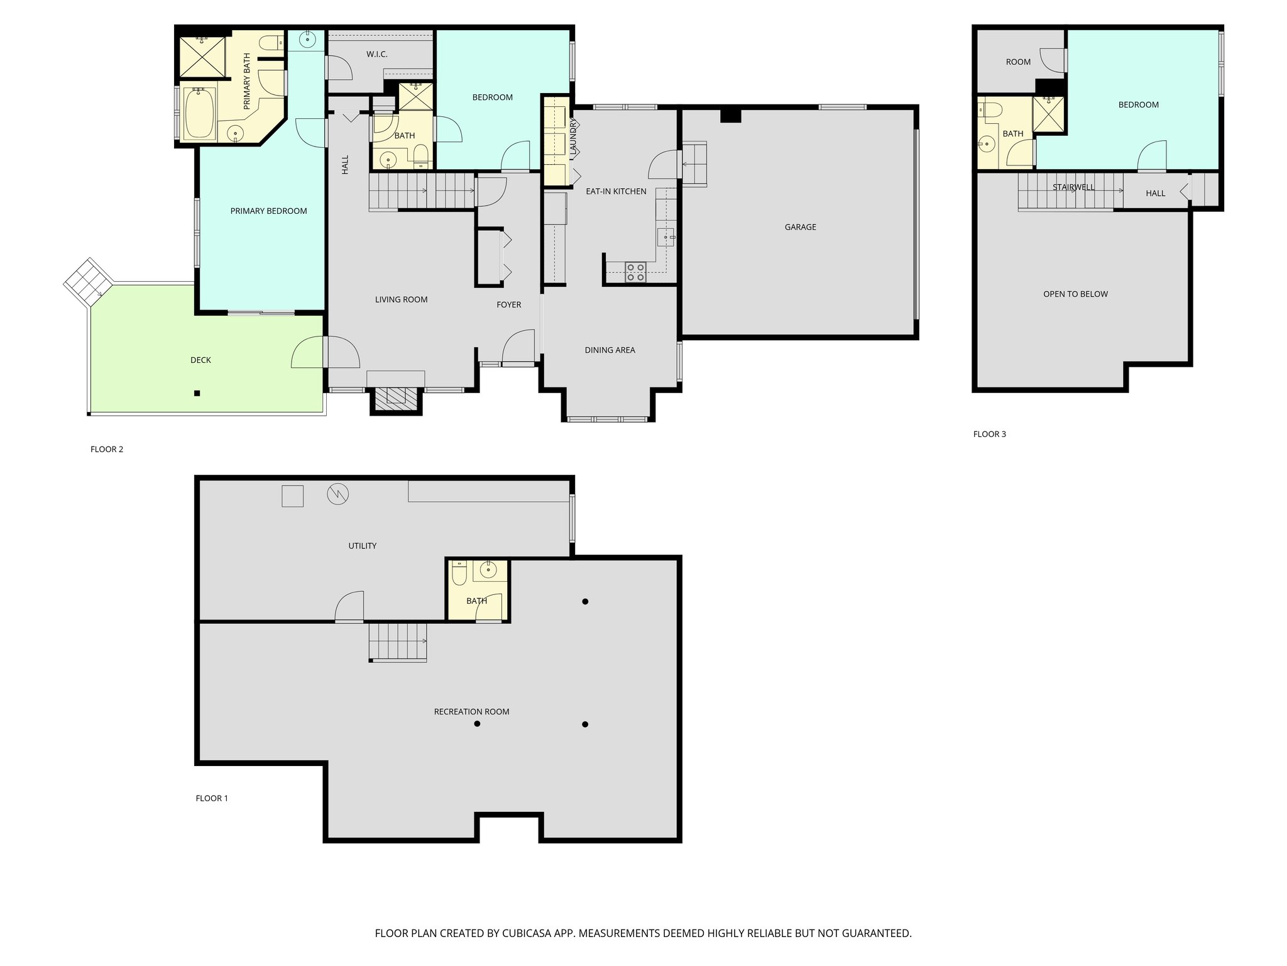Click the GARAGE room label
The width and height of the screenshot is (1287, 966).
[x=800, y=227]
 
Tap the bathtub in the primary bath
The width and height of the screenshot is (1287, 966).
[x=199, y=113]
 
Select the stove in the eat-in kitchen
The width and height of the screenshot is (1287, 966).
[x=635, y=272]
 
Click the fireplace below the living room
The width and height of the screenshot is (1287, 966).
[x=396, y=397]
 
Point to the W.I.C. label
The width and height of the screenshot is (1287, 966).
[x=377, y=55]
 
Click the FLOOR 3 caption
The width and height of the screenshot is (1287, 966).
[x=989, y=434]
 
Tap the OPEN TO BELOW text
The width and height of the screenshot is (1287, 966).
[x=1075, y=294]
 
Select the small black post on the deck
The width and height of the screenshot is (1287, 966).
[x=197, y=393]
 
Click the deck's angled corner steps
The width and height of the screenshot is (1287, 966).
[x=88, y=281]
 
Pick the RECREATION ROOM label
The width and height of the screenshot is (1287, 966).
[x=471, y=711]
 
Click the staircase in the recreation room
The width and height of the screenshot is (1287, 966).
[x=398, y=641]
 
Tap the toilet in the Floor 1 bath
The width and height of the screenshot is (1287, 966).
[x=459, y=574]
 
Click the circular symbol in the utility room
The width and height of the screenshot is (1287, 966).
[x=337, y=494]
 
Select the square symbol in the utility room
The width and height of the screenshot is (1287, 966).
[x=292, y=496]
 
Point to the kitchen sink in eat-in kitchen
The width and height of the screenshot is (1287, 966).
[x=665, y=237]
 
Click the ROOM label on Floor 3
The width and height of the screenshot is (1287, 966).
[x=1018, y=62]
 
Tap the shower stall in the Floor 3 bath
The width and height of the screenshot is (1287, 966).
[x=1049, y=115]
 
